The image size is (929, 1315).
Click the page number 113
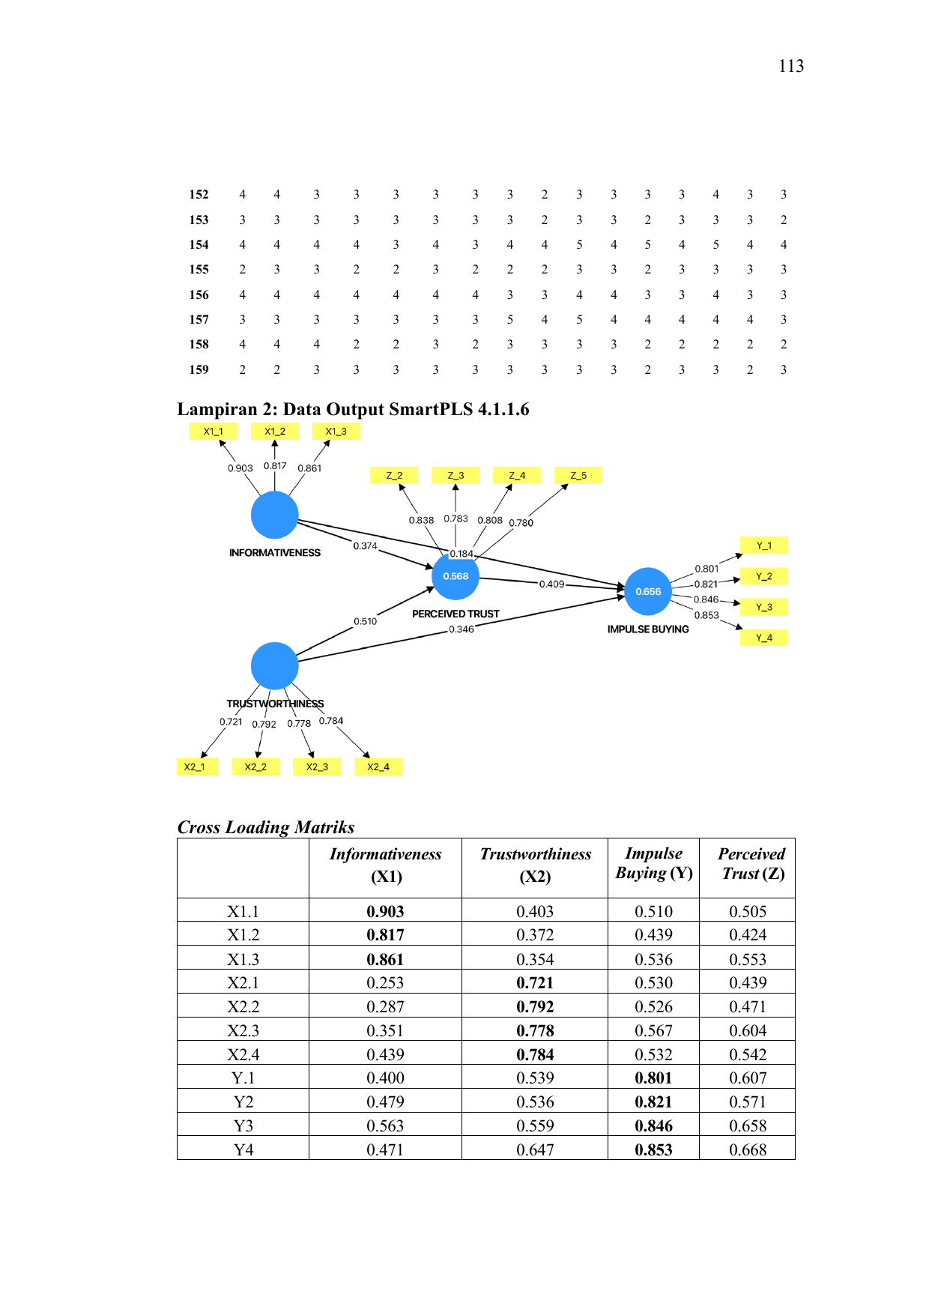[x=791, y=66]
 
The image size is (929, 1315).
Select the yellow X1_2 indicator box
[x=275, y=432]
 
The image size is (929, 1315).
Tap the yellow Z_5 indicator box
[x=578, y=476]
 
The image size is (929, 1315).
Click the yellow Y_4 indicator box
[x=763, y=638]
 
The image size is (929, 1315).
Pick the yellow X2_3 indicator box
[x=317, y=767]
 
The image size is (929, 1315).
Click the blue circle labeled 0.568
[x=456, y=576]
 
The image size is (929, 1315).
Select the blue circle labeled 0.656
[x=648, y=591]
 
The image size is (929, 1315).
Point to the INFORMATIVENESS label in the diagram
[x=275, y=553]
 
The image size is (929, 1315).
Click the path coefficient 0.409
[x=552, y=584]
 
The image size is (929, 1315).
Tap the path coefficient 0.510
[x=366, y=621]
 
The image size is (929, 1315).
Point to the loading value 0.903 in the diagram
[x=240, y=468]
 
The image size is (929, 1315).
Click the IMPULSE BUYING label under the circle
[x=648, y=629]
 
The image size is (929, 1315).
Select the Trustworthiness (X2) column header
[x=536, y=865]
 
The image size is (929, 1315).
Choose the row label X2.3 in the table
[x=243, y=1030]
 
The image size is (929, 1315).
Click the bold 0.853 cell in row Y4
[x=653, y=1149]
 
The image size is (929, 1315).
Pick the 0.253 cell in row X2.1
[x=385, y=982]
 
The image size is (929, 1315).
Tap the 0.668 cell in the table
[x=748, y=1149]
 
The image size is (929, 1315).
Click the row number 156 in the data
[x=199, y=294]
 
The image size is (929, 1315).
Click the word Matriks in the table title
[x=324, y=827]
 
